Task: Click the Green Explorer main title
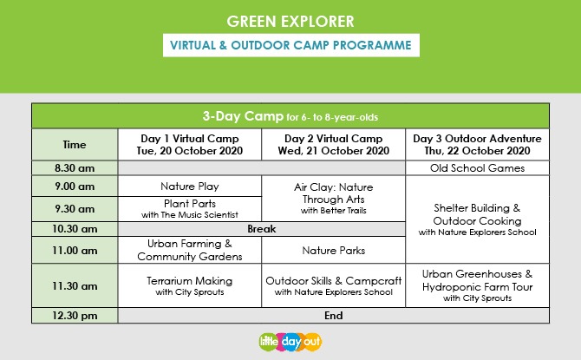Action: point(290,22)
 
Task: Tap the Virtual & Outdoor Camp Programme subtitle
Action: point(290,45)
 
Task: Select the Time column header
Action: point(75,145)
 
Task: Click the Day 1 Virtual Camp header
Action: point(190,145)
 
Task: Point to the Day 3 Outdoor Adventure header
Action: point(477,145)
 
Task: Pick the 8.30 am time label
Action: point(75,168)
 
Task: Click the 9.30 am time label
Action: point(75,209)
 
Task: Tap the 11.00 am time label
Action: point(75,250)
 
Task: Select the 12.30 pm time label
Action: point(75,316)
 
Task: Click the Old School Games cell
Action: point(477,168)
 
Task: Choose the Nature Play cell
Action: point(190,187)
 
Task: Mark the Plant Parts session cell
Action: point(190,209)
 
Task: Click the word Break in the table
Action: point(262,229)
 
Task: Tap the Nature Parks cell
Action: point(334,250)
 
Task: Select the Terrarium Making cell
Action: point(190,286)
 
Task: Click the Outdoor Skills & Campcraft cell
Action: point(334,286)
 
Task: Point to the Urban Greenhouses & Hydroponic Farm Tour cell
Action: point(477,286)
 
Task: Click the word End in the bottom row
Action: point(334,316)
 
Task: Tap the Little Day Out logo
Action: point(290,342)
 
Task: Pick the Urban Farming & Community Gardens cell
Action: point(190,250)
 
